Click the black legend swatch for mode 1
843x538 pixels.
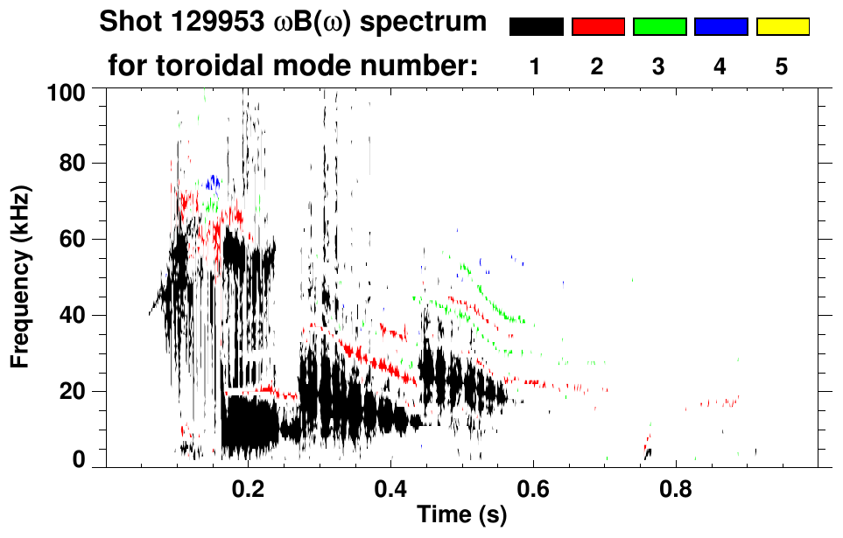tap(536, 27)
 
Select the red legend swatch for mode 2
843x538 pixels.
tap(598, 27)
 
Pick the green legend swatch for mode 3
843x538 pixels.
tap(659, 27)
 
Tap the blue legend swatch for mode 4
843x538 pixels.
tap(720, 27)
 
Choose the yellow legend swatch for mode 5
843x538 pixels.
tap(783, 27)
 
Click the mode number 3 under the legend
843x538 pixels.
tap(659, 66)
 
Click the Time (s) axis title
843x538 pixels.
tap(460, 515)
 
